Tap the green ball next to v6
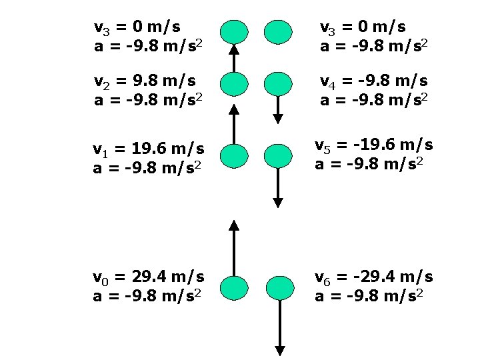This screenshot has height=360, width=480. pos(279,287)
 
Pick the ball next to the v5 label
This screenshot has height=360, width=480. pos(279,156)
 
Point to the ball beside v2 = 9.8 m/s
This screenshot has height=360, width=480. pos(234,84)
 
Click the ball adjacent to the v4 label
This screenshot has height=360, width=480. pos(278,84)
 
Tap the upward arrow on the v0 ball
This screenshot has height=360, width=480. pos(234,247)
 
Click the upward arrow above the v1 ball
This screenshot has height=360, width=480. pos(234,123)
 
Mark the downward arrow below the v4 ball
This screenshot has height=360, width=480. pos(278,109)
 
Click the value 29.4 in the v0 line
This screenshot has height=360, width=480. pos(136,276)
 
